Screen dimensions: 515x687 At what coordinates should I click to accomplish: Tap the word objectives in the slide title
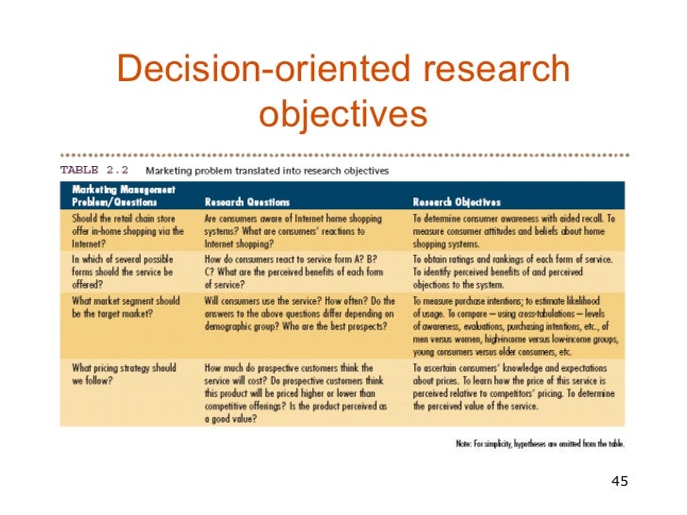click(x=343, y=113)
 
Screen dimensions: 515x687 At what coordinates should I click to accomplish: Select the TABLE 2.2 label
click(x=94, y=171)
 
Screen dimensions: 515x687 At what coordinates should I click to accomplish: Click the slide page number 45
click(x=619, y=482)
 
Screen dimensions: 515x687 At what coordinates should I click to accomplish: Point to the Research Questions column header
click(x=247, y=202)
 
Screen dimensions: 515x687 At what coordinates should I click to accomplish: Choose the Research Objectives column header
click(x=457, y=202)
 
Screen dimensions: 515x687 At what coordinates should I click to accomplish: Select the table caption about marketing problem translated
click(x=267, y=171)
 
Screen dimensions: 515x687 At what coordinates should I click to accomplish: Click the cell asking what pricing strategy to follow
click(x=125, y=374)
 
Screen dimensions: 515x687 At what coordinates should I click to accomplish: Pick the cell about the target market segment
click(x=126, y=307)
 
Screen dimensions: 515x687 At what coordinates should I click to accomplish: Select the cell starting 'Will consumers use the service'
click(x=296, y=313)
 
